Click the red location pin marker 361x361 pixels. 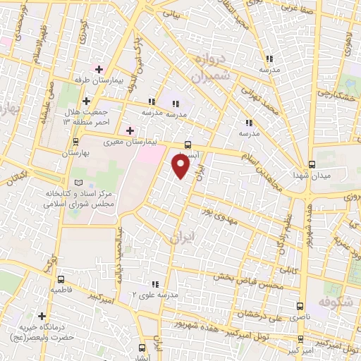[x=181, y=166]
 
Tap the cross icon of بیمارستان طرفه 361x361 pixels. [x=99, y=70]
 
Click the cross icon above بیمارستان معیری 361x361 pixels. [x=129, y=130]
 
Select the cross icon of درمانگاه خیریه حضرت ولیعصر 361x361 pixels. [x=42, y=316]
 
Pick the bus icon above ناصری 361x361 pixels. [x=301, y=307]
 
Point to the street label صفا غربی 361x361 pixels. [x=300, y=6]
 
